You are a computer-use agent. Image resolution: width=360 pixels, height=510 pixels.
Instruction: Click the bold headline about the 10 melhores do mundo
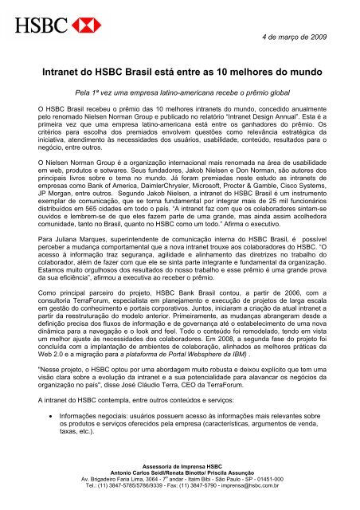tap(180, 70)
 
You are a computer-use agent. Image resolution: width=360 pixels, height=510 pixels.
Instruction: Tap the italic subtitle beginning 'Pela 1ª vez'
tap(180, 92)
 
